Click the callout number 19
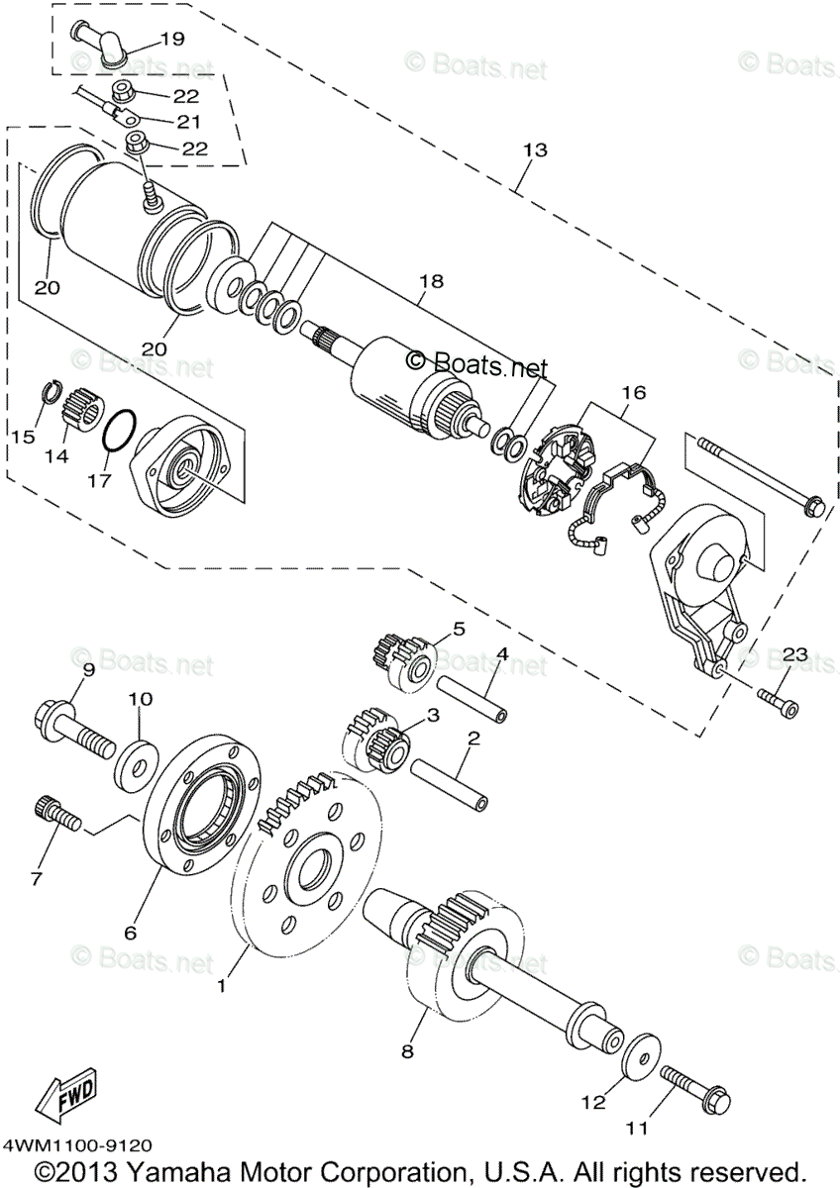(171, 40)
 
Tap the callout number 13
(534, 150)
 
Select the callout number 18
(429, 281)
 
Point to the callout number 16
(633, 393)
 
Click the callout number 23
(795, 654)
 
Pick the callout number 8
(406, 1050)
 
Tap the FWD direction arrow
(66, 1096)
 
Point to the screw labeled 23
(777, 701)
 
